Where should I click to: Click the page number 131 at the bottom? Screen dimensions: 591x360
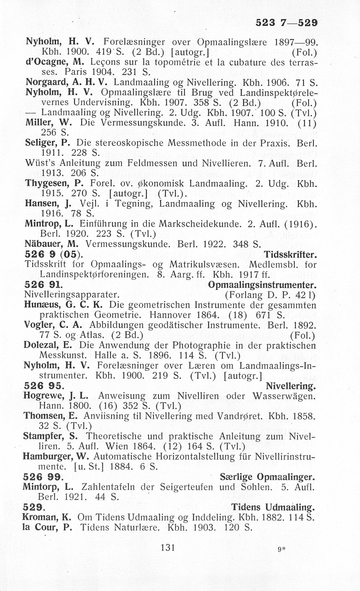[x=168, y=547]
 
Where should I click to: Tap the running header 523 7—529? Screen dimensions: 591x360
[x=286, y=23]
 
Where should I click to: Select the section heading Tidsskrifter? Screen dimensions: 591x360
[x=290, y=255]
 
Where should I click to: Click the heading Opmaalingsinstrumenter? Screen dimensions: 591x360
[x=262, y=285]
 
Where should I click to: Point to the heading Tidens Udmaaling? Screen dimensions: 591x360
[x=273, y=507]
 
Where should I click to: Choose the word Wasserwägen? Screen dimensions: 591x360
[x=284, y=396]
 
